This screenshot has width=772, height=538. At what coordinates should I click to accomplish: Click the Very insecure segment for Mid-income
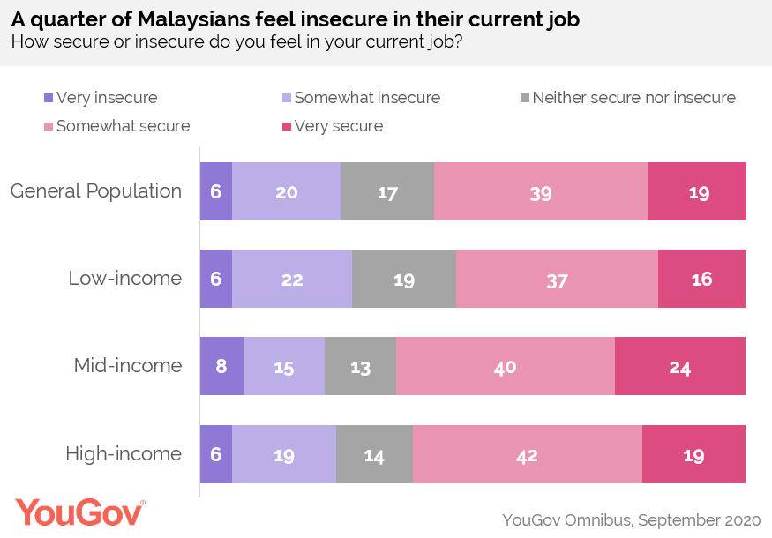click(221, 366)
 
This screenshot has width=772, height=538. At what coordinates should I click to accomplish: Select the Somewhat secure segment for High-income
click(527, 454)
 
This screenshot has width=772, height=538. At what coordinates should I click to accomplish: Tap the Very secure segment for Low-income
click(701, 279)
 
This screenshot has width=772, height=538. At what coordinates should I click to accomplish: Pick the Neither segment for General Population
click(387, 191)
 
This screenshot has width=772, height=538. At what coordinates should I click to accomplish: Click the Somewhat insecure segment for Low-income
click(291, 279)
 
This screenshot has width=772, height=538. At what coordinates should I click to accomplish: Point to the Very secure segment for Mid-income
click(679, 366)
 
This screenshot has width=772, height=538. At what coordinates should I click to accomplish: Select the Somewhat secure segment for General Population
click(540, 191)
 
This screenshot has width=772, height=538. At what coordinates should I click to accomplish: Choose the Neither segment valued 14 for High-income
click(374, 454)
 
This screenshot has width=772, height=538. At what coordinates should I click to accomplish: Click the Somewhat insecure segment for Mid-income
click(283, 366)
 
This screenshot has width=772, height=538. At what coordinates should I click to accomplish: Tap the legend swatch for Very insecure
click(49, 98)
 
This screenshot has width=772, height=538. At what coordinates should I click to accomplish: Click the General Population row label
click(96, 191)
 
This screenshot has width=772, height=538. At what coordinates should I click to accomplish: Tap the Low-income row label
click(125, 279)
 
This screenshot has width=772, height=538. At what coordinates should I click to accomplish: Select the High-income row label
click(124, 454)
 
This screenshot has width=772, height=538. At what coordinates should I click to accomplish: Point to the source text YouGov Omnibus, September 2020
click(630, 518)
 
